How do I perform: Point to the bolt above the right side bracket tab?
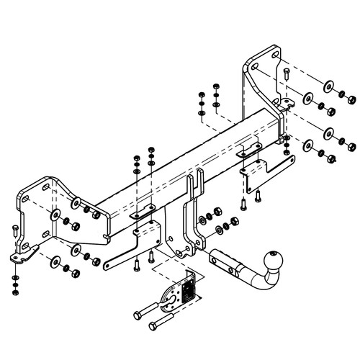pos(286,75)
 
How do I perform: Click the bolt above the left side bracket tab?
pos(14,232)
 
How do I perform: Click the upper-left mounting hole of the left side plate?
pos(47,189)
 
